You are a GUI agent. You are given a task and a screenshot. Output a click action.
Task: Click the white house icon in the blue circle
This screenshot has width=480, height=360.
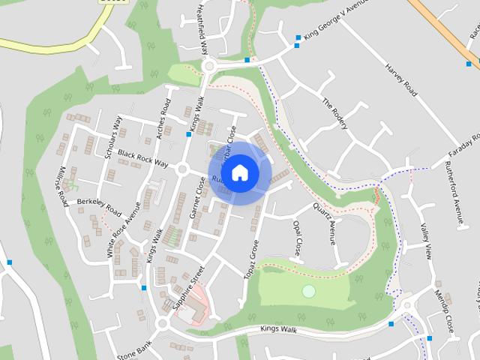(239, 172)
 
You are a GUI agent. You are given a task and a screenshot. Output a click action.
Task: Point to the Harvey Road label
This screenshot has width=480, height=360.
(401, 79)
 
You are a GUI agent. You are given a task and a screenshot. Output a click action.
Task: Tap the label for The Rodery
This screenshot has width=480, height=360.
(335, 112)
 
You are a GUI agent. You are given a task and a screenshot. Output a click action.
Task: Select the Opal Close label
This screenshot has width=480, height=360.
(299, 238)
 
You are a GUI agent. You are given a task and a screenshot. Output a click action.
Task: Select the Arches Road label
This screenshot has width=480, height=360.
(163, 119)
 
